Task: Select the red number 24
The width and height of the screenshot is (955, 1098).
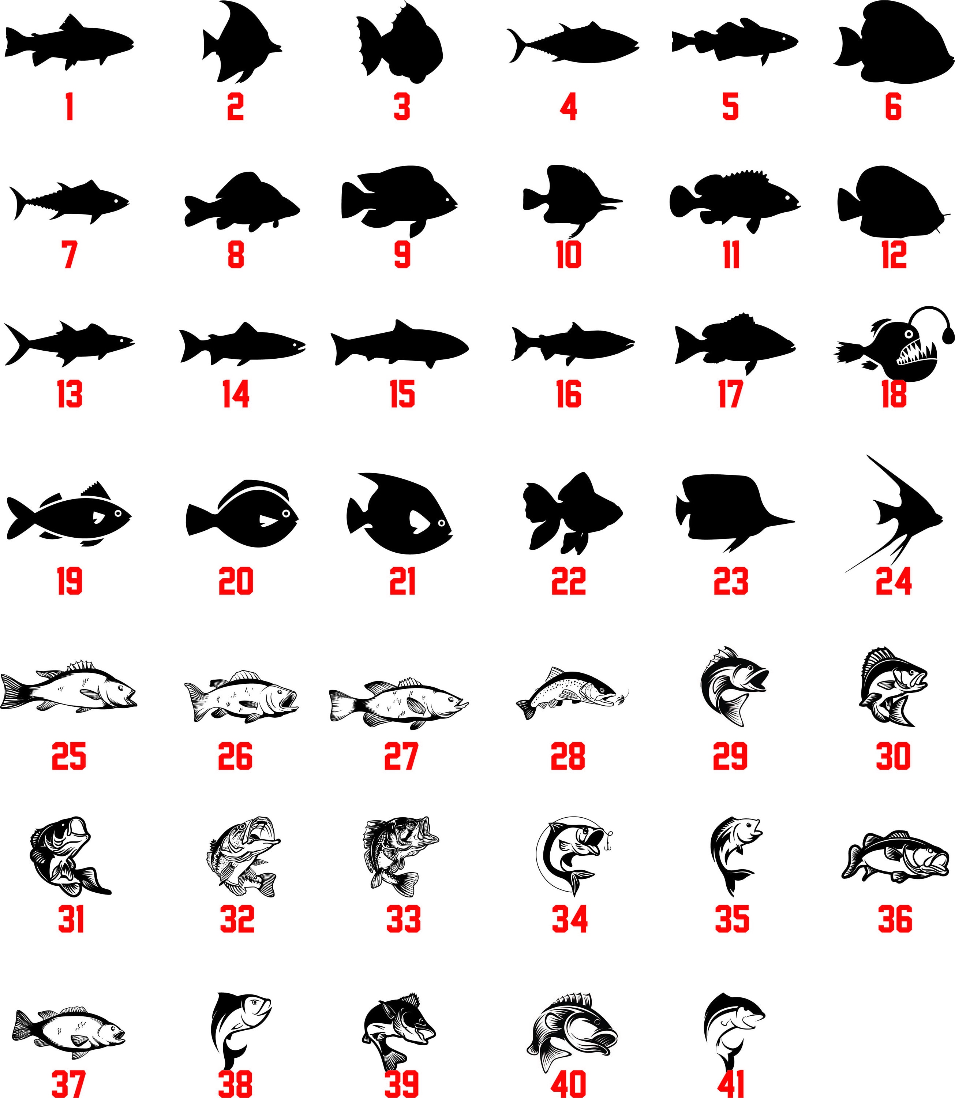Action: (x=894, y=581)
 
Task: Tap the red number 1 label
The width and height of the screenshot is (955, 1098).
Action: (x=69, y=106)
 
